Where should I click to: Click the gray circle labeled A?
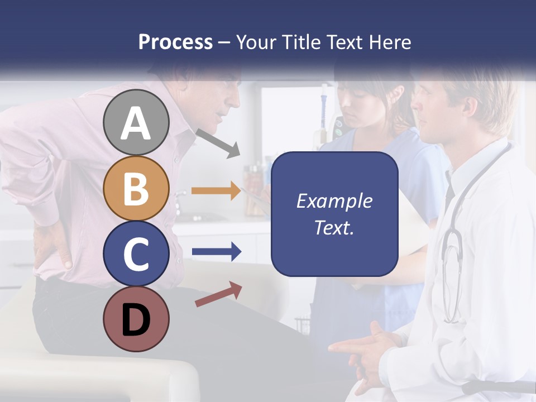(x=136, y=122)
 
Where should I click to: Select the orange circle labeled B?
(x=136, y=188)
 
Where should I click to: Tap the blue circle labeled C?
(x=136, y=253)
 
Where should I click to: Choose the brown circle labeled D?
(x=136, y=319)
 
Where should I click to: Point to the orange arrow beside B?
(x=216, y=191)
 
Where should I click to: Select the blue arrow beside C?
(x=216, y=252)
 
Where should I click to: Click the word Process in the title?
(x=175, y=42)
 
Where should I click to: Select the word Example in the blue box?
(x=334, y=201)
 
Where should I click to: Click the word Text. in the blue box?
(x=334, y=228)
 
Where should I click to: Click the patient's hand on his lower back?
(x=53, y=246)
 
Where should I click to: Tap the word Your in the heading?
(x=255, y=42)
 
